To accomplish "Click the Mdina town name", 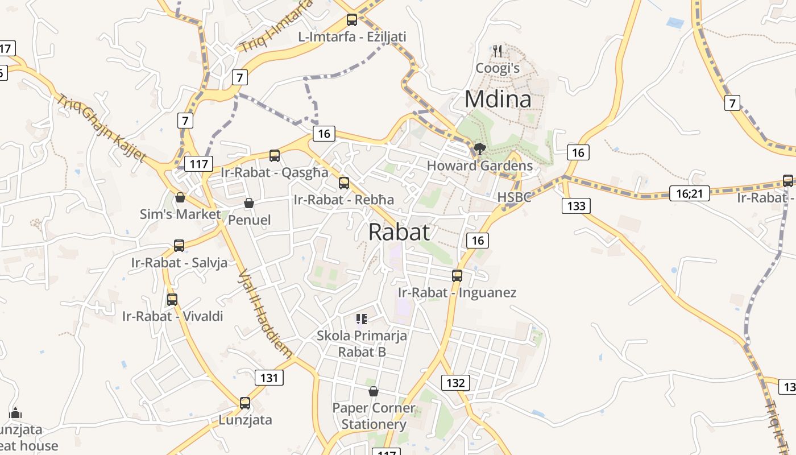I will [x=498, y=99].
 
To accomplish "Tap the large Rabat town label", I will [x=399, y=232].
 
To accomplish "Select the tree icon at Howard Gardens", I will [x=479, y=149].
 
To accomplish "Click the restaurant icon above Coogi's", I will [x=498, y=51].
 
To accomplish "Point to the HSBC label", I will [x=515, y=197].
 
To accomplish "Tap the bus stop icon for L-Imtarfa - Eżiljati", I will [x=352, y=20].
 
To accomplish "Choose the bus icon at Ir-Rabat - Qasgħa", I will [x=275, y=155].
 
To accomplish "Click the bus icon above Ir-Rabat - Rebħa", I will [x=344, y=183].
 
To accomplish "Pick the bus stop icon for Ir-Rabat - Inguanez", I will [x=457, y=276].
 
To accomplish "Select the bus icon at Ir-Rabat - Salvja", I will [x=179, y=246].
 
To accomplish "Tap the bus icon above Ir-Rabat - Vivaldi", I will [x=172, y=299].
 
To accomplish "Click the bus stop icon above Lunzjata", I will [x=245, y=403].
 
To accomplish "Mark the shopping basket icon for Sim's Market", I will [x=180, y=197].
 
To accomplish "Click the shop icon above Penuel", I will [x=249, y=203].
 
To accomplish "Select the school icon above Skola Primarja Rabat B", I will [x=362, y=318].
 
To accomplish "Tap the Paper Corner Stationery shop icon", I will [x=374, y=391].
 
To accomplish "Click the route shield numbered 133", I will [x=577, y=206].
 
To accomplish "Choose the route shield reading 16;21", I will [x=690, y=193].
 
